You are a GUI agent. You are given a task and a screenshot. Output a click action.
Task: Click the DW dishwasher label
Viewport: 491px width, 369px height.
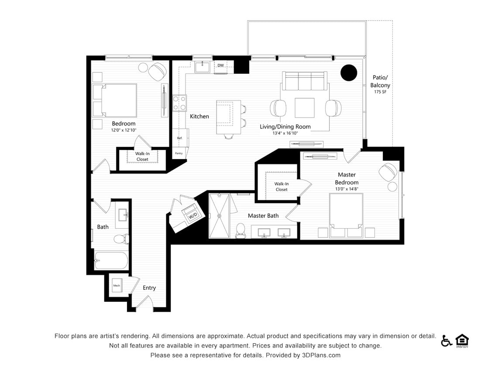point(221,66)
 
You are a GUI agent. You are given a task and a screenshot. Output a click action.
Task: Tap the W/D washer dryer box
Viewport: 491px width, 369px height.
point(192,216)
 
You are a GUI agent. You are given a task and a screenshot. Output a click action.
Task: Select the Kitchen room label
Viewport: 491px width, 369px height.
point(199,116)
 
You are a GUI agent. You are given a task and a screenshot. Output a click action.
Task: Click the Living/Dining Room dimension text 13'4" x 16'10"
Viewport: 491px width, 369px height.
point(285,133)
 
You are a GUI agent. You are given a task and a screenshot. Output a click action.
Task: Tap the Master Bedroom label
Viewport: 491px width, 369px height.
point(347,178)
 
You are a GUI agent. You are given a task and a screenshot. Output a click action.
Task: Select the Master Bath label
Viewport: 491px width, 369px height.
point(263,216)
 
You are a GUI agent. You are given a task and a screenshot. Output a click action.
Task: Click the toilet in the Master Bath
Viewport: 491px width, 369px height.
point(240,230)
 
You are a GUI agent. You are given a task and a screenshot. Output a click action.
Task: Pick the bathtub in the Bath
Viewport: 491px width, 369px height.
point(111,261)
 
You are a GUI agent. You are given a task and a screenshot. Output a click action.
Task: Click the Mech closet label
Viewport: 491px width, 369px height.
point(117,285)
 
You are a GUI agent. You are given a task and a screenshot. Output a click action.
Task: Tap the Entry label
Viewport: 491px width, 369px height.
point(149,288)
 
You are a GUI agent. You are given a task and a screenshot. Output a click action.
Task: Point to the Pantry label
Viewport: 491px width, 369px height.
point(179,153)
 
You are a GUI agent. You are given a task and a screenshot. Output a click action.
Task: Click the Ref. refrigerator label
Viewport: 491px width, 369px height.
point(179,138)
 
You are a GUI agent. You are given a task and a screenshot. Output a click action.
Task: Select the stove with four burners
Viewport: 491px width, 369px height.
point(179,103)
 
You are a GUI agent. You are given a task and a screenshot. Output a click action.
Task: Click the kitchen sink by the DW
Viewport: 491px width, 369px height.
point(203,67)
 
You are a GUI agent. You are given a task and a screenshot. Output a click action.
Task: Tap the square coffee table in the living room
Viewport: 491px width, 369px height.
point(304,108)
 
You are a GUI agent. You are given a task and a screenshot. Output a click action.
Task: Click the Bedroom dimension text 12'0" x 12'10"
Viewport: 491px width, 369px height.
point(124,130)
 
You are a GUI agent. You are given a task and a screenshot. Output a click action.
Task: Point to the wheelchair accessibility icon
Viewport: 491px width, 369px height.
point(446,341)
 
